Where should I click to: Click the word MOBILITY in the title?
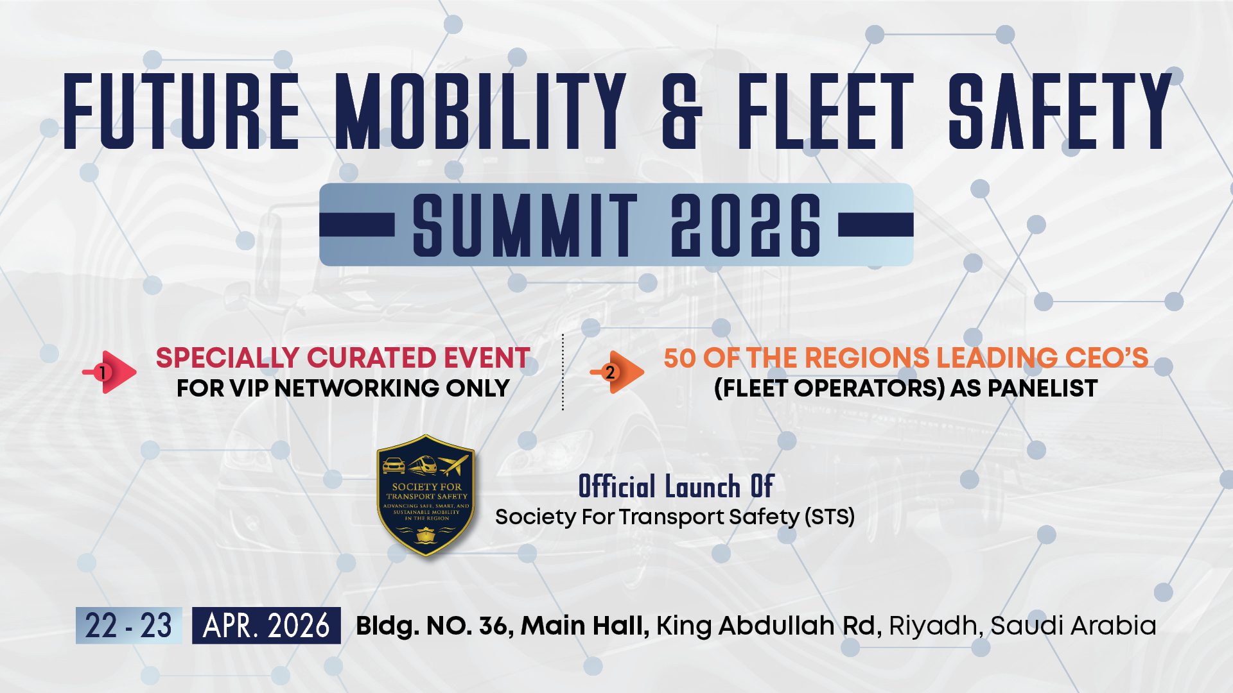(480, 111)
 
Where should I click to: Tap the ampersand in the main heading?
(682, 111)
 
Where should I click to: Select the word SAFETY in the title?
(1060, 111)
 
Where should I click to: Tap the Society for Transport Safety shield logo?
(426, 495)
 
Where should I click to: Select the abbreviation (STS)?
(830, 517)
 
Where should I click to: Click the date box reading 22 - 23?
(128, 626)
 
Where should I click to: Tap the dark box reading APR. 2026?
(267, 626)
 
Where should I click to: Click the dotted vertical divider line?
(563, 372)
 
